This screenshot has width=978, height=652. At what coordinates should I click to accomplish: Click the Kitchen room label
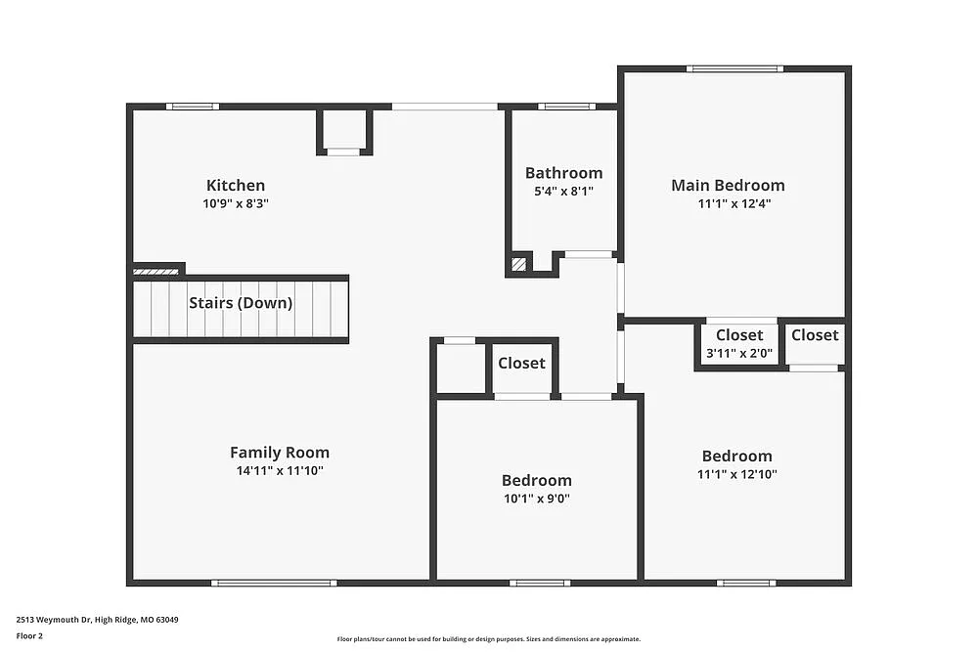pyautogui.click(x=235, y=185)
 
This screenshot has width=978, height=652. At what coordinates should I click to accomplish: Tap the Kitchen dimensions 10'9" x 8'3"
pyautogui.click(x=235, y=203)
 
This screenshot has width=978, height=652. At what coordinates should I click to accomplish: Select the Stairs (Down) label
pyautogui.click(x=241, y=302)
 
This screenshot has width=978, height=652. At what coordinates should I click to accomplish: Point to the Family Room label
pyautogui.click(x=280, y=452)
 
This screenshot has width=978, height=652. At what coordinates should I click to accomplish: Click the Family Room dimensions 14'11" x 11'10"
pyautogui.click(x=280, y=470)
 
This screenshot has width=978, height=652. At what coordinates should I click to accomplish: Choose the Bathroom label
pyautogui.click(x=563, y=173)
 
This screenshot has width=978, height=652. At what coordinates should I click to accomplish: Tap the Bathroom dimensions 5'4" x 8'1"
pyautogui.click(x=563, y=192)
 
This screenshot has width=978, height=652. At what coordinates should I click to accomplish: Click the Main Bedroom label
pyautogui.click(x=728, y=185)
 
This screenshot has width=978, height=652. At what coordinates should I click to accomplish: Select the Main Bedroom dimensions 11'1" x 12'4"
pyautogui.click(x=728, y=203)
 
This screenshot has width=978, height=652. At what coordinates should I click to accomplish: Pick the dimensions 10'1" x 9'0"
pyautogui.click(x=536, y=499)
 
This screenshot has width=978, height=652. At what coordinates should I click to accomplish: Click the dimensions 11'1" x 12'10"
pyautogui.click(x=736, y=474)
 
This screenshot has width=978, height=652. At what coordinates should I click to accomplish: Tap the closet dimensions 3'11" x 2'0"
pyautogui.click(x=739, y=353)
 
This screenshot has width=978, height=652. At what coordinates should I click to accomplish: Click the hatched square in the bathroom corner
pyautogui.click(x=518, y=264)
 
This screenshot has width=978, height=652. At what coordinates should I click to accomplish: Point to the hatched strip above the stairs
pyautogui.click(x=155, y=271)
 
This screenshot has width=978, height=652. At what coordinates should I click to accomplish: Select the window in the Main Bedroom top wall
pyautogui.click(x=734, y=68)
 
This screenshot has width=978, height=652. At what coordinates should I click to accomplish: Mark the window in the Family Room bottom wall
pyautogui.click(x=274, y=583)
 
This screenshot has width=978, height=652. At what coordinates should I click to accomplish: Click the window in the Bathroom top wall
pyautogui.click(x=567, y=106)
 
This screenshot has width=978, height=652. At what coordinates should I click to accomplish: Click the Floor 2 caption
pyautogui.click(x=29, y=635)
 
